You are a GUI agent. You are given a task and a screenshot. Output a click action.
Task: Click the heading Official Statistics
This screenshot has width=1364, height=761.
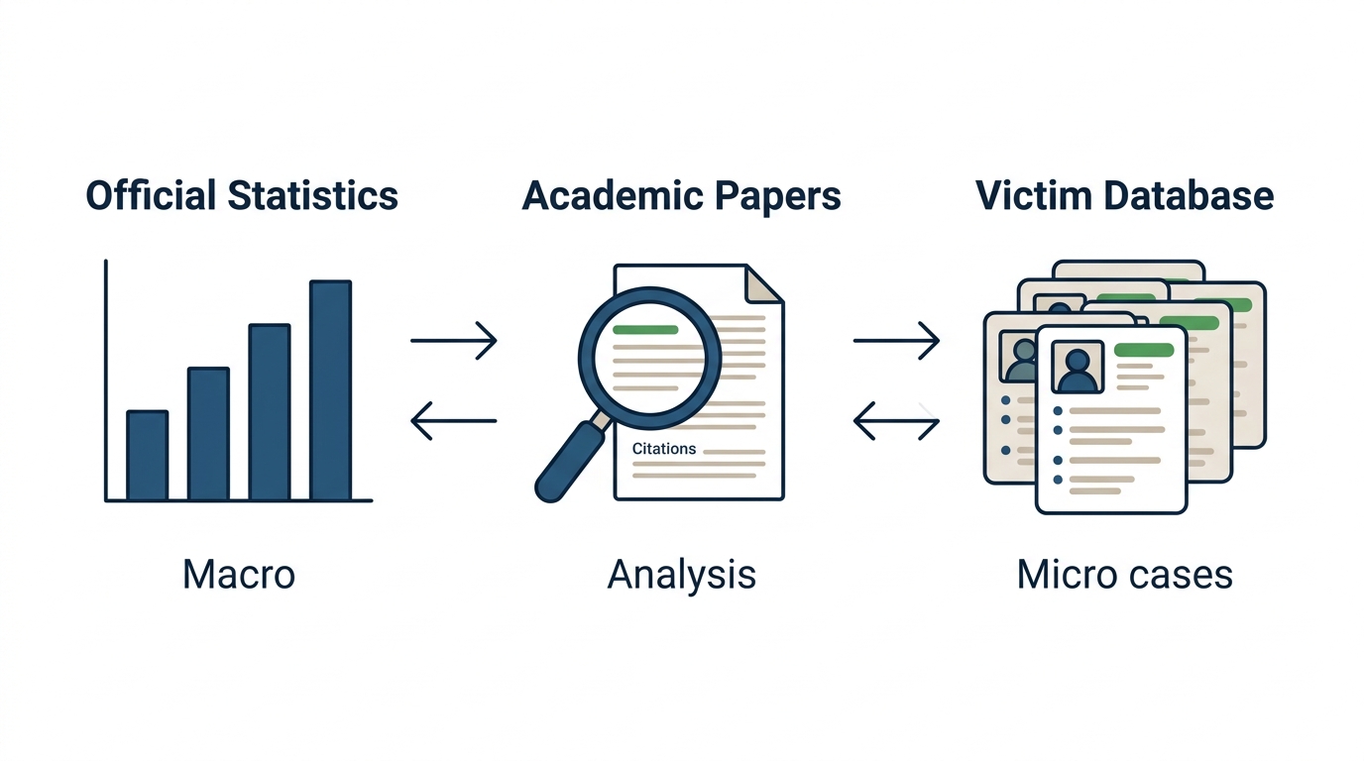coord(242,195)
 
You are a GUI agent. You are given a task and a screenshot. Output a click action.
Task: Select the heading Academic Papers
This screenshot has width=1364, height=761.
coord(681,196)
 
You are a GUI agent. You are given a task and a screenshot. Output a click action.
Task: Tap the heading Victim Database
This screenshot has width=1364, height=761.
coord(1124,195)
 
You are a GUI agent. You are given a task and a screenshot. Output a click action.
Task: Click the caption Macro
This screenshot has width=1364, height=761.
coord(239,574)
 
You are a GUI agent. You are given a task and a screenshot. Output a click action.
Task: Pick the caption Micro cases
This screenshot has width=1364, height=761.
coord(1125,574)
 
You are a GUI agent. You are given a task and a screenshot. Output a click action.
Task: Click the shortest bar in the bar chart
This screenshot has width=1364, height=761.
coord(148,456)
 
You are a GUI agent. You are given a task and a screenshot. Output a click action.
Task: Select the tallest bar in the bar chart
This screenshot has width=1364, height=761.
coord(331,390)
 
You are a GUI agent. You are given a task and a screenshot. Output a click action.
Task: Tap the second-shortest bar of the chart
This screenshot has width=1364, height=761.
coord(208,433)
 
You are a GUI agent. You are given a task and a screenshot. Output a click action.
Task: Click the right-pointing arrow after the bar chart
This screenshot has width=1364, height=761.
coord(454,340)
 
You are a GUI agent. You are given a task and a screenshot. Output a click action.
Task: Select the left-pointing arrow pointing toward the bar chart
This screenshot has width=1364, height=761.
coord(454,421)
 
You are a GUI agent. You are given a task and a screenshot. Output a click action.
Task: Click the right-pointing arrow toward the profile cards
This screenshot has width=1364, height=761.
coord(896,340)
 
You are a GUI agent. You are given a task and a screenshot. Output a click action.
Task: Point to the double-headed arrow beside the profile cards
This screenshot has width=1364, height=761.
coord(896,421)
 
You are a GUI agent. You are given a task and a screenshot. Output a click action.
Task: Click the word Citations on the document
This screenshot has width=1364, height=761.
coord(664,449)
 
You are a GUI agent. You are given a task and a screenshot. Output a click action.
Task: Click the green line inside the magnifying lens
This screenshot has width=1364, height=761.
coord(645,330)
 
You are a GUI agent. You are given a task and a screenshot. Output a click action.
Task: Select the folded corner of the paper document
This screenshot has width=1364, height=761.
coord(764,283)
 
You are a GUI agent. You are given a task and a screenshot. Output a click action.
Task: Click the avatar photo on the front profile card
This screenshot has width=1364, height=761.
coord(1078,367)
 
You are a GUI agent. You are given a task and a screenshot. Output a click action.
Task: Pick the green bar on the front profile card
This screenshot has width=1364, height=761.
coord(1144,350)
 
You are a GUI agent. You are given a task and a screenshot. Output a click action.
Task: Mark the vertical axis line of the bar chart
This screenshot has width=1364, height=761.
coord(106,380)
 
